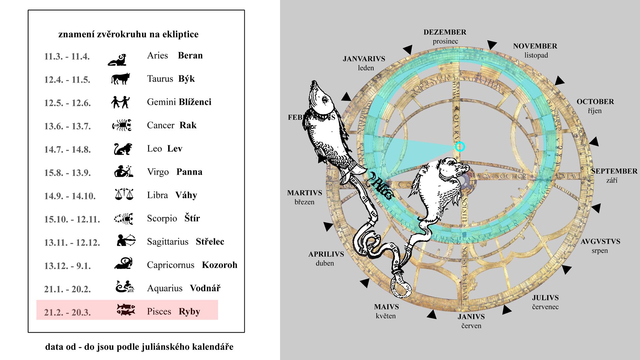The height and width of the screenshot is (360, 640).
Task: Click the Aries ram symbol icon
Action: pyautogui.click(x=117, y=60)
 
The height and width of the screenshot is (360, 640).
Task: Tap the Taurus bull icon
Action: pyautogui.click(x=120, y=79)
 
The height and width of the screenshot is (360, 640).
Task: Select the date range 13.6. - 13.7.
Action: pyautogui.click(x=67, y=126)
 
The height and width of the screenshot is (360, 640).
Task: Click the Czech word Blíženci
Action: pyautogui.click(x=195, y=102)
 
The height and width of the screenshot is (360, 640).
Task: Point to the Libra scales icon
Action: pyautogui.click(x=124, y=194)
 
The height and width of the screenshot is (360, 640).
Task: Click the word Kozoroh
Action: pyautogui.click(x=219, y=265)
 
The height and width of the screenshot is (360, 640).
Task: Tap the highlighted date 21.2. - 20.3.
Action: pyautogui.click(x=67, y=312)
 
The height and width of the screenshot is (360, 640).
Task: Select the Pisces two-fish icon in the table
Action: pyautogui.click(x=126, y=309)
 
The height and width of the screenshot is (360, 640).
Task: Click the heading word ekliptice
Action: pyautogui.click(x=180, y=34)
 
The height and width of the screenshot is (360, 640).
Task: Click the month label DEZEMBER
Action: pyautogui.click(x=445, y=32)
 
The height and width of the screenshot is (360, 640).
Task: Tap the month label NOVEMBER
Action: pyautogui.click(x=535, y=46)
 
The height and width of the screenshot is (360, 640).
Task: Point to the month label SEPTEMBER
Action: pyautogui.click(x=614, y=171)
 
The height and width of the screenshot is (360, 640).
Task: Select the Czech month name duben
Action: pyautogui.click(x=325, y=263)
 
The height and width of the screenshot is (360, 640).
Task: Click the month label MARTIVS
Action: pyautogui.click(x=305, y=193)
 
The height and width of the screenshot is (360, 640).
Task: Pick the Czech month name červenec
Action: pyautogui.click(x=545, y=307)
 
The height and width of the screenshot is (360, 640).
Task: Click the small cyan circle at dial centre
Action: pyautogui.click(x=460, y=147)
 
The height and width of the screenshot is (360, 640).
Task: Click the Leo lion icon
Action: pyautogui.click(x=123, y=149)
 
